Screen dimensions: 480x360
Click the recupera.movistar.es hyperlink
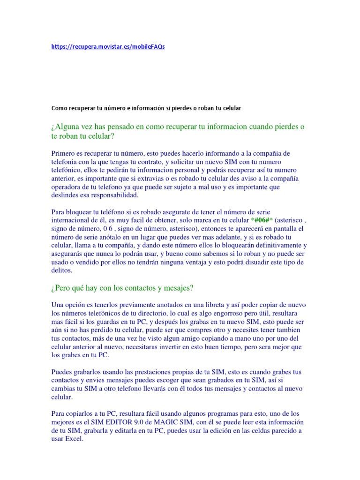click(108, 47)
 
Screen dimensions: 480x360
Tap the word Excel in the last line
click(75, 439)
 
